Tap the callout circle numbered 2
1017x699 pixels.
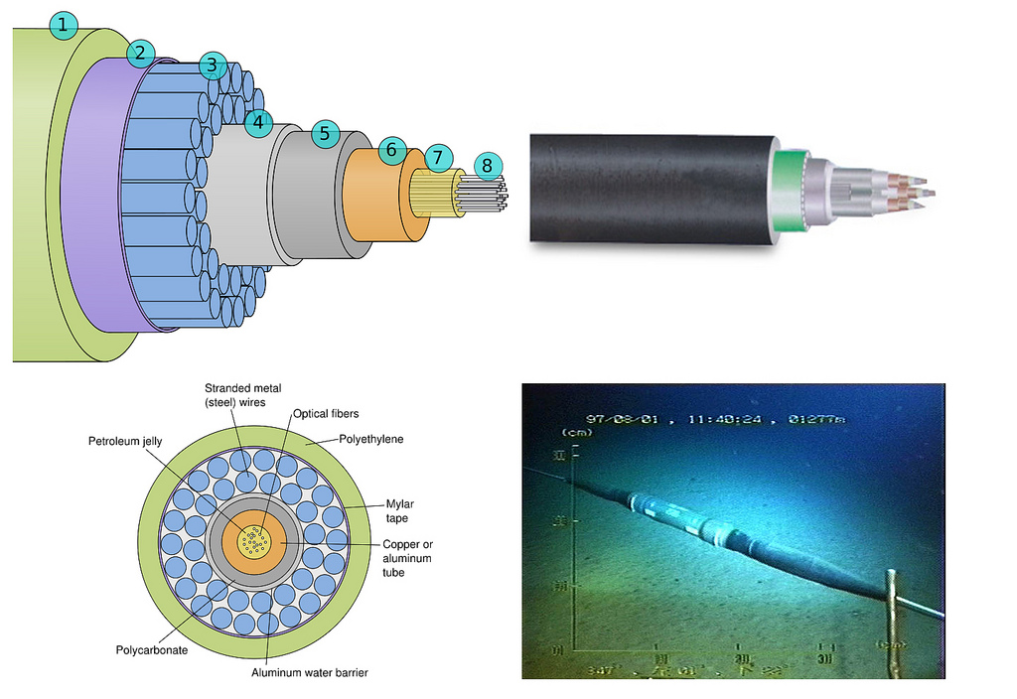(140, 53)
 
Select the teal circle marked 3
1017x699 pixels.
(212, 67)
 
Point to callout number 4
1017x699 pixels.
(258, 123)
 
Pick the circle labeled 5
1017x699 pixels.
(325, 134)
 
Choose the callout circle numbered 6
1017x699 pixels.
(391, 151)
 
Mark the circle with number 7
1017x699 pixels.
(439, 158)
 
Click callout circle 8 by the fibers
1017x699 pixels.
(487, 166)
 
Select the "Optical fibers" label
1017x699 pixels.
(326, 414)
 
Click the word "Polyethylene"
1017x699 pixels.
(372, 437)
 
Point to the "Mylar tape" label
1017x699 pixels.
(398, 509)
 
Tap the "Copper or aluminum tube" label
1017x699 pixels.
(408, 557)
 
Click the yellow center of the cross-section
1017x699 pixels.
(256, 544)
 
